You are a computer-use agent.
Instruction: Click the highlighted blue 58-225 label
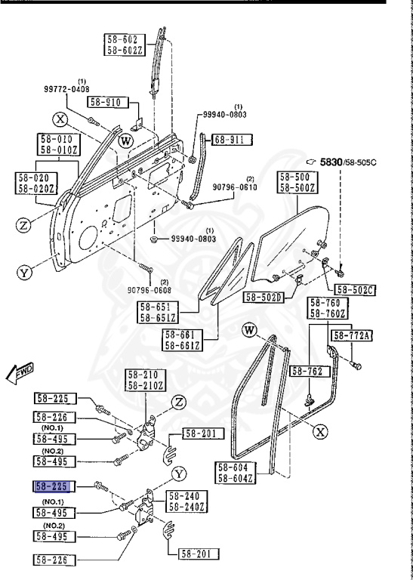52,486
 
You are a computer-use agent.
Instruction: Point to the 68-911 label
231,139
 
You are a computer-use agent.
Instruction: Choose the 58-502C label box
354,289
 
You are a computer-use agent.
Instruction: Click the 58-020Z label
35,188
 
